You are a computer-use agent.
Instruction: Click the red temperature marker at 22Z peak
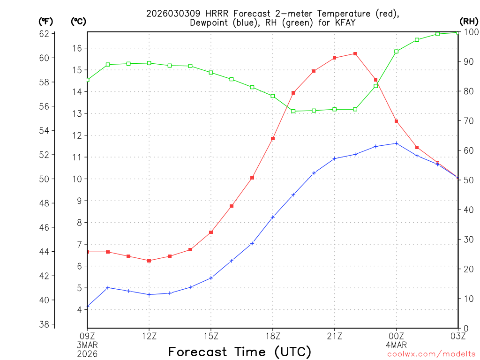(355, 53)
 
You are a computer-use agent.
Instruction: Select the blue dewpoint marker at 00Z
(396, 143)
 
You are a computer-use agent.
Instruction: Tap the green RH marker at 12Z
(149, 63)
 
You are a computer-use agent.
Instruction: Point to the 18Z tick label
(272, 336)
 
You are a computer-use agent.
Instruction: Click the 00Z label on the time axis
(396, 336)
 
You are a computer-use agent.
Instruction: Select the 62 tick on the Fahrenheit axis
(45, 34)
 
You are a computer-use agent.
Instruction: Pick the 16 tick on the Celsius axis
(77, 48)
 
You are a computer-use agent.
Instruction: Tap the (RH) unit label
(468, 21)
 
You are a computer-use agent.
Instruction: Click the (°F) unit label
(45, 21)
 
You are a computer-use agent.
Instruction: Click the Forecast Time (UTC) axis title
(240, 352)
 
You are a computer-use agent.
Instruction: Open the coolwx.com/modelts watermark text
(431, 354)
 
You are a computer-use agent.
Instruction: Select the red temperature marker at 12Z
(149, 261)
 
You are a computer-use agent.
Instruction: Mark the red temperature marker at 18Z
(272, 139)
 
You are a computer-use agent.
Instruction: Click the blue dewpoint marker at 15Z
(211, 278)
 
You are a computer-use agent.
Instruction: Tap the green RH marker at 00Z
(396, 52)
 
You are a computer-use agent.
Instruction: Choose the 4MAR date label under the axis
(396, 345)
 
